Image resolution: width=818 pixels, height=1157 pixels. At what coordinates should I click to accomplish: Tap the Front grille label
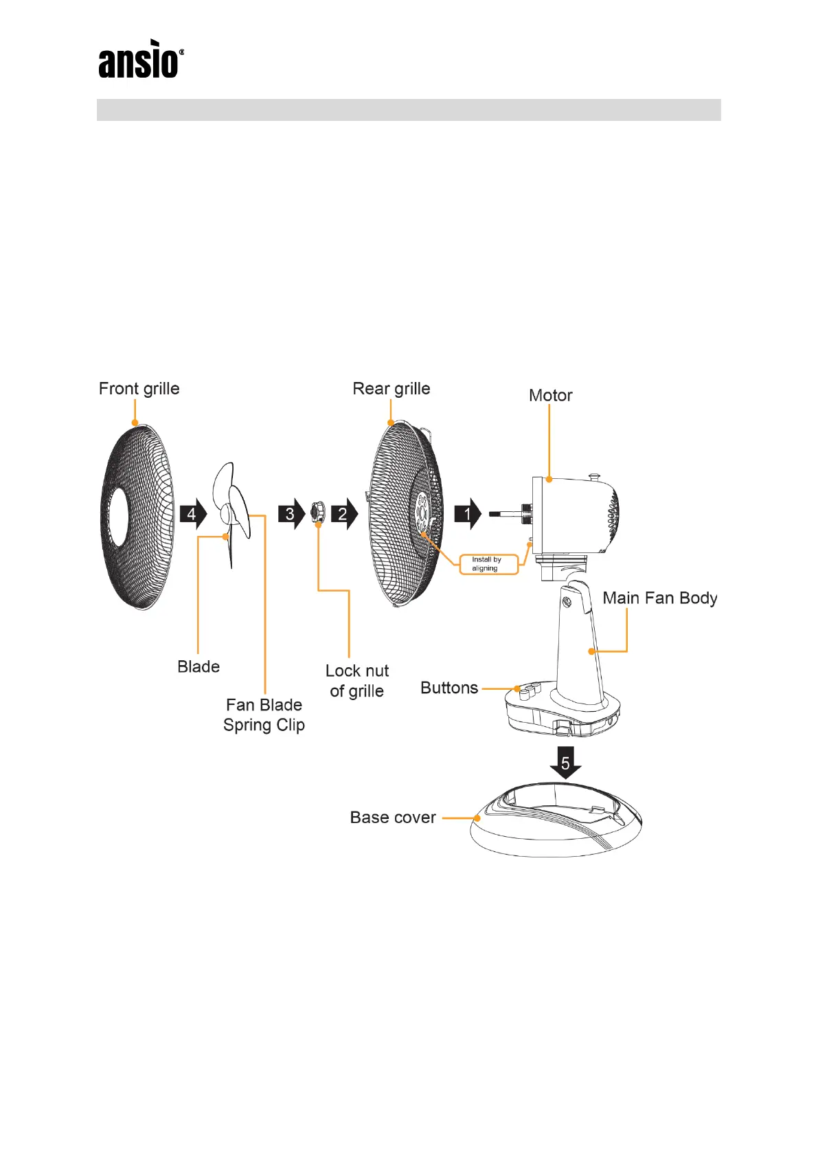(x=139, y=389)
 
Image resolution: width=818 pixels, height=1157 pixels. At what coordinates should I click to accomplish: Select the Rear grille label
(x=391, y=389)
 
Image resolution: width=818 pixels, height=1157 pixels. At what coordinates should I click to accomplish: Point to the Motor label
(x=550, y=396)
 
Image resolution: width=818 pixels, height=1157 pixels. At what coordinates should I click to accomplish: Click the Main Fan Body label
(x=660, y=598)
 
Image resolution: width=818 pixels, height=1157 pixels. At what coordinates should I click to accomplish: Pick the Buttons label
(x=449, y=688)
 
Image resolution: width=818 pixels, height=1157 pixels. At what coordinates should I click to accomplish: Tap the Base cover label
(x=393, y=818)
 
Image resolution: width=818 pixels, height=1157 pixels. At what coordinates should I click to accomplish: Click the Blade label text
(x=198, y=666)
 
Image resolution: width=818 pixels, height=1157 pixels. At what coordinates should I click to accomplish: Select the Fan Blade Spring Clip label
(x=264, y=715)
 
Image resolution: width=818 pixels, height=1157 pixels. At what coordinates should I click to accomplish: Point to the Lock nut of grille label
(x=357, y=681)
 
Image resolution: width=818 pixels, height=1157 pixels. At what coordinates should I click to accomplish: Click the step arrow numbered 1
(x=468, y=514)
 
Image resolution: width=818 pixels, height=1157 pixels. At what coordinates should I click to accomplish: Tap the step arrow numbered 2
(x=343, y=514)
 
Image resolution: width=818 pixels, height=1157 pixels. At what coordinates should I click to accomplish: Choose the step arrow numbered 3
(x=291, y=514)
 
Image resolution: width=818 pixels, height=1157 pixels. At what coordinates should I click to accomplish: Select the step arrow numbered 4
(x=193, y=514)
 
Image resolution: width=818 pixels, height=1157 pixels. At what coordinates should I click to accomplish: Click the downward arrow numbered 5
(x=565, y=762)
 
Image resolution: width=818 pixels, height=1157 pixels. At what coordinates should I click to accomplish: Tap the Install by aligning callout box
(x=487, y=564)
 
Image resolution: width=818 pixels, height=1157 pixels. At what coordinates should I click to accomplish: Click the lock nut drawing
(x=317, y=512)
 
